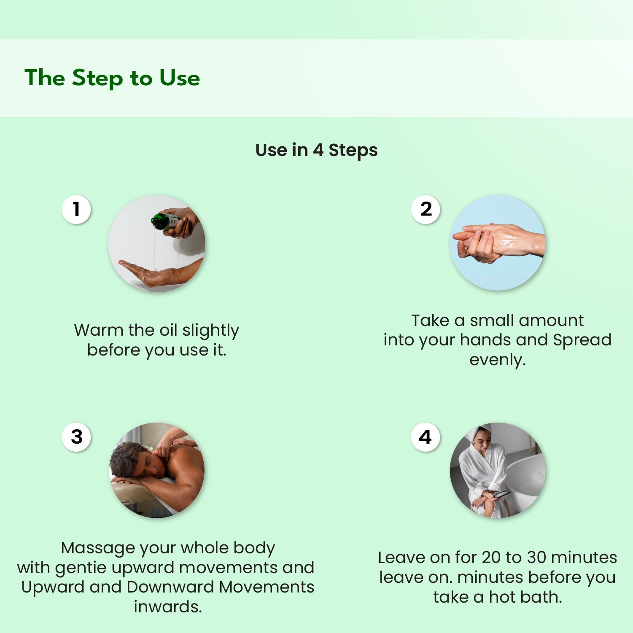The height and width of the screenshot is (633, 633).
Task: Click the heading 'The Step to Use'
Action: coord(112,78)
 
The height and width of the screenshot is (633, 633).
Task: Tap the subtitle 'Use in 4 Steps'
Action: coord(316,150)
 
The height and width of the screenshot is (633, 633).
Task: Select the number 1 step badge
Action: coord(76,209)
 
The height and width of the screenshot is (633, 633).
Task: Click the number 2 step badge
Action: coord(426,209)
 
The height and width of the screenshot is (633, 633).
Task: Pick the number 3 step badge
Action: coord(76,437)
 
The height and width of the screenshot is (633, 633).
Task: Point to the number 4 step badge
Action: coord(426,437)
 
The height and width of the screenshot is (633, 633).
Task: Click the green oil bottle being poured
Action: coord(165,221)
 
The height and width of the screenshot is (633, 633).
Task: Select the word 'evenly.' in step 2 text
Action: coord(498,360)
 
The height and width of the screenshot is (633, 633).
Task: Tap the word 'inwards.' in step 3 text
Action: coord(168,607)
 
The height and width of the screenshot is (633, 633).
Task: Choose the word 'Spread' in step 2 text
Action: coord(582,340)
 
